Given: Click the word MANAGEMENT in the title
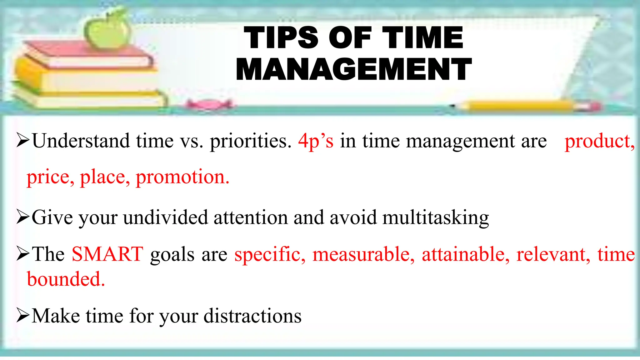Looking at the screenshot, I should click(354, 69).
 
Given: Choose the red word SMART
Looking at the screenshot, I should click(107, 254).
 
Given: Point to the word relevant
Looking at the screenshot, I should click(553, 254).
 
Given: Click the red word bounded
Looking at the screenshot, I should click(66, 279).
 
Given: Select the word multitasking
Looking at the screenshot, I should click(436, 217).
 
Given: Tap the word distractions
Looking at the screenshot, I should click(252, 316).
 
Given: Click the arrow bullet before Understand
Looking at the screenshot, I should click(23, 140).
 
